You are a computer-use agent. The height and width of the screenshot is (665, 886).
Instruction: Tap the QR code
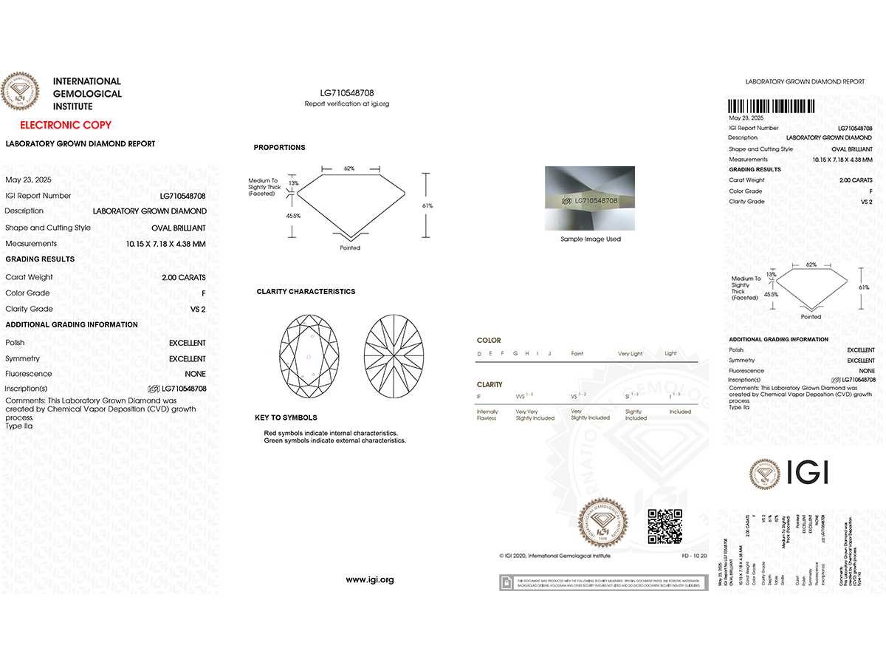coord(664,526)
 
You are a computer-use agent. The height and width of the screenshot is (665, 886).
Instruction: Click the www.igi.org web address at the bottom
coord(370,580)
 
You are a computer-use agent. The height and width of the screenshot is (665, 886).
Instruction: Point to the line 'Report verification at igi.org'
coord(347,104)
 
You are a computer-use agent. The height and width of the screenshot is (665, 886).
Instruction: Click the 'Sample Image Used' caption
coord(591,239)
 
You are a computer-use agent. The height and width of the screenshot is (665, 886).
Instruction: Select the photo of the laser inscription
coord(590,199)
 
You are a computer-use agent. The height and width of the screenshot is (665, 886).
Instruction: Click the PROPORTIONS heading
coord(279,148)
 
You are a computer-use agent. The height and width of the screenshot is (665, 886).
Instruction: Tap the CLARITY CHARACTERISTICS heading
coord(306,292)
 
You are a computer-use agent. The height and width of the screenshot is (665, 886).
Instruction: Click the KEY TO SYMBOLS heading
coord(286,418)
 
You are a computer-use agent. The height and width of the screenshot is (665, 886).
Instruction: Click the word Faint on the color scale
coord(577,354)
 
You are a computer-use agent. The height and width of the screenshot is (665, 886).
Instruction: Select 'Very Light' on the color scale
coord(630,354)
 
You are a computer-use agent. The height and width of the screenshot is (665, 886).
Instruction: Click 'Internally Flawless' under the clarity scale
coord(487,415)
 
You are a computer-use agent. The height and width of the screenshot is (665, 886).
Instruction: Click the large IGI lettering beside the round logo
coord(808,472)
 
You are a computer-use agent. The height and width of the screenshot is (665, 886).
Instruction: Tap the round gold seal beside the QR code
coord(603,523)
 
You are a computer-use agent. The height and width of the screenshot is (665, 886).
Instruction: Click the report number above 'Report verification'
coord(347,93)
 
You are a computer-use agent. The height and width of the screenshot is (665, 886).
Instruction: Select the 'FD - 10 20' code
coord(693,555)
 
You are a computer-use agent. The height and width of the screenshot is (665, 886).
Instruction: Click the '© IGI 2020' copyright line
coord(555,555)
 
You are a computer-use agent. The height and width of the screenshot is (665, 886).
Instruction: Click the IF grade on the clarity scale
coord(480,398)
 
